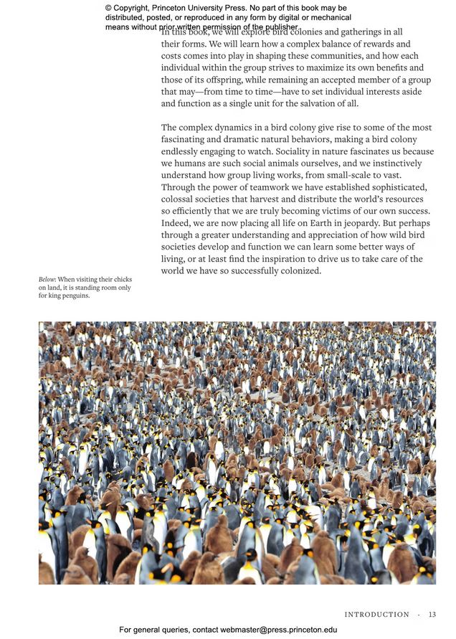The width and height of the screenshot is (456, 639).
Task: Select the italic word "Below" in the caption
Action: point(47,279)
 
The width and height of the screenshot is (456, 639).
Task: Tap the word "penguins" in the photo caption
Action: point(73,296)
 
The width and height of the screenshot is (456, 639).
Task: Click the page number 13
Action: point(432,615)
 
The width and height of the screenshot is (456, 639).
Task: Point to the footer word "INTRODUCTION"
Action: point(376,615)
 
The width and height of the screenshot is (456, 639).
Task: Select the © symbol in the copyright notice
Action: point(109,8)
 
